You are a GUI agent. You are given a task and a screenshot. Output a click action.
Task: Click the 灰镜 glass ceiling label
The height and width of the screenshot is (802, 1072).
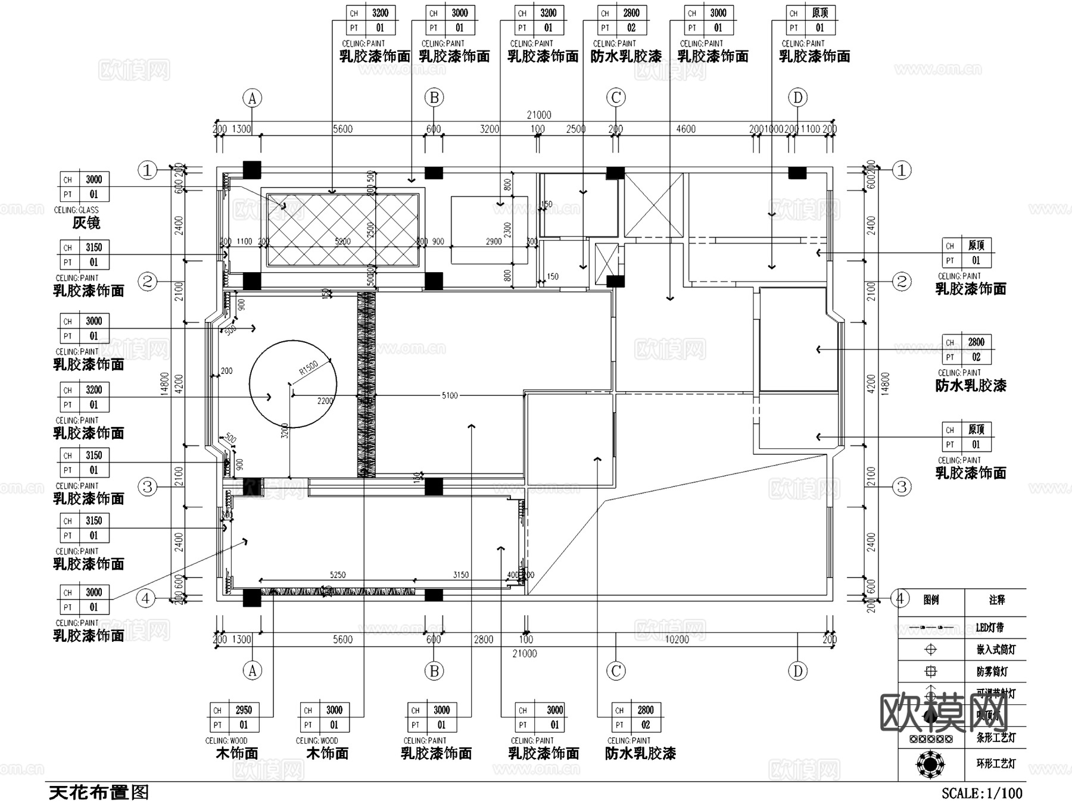(x=86, y=223)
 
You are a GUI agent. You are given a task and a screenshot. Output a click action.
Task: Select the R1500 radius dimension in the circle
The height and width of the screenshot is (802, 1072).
(x=308, y=368)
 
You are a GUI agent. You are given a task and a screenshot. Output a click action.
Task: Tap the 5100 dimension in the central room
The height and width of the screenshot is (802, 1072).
(x=450, y=395)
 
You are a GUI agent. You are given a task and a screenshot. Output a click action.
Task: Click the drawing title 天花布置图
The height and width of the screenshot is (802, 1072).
(x=98, y=792)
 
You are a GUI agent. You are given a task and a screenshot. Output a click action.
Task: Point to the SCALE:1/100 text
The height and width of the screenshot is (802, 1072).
(x=982, y=793)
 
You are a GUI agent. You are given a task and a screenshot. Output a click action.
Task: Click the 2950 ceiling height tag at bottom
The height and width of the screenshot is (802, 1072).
(x=244, y=710)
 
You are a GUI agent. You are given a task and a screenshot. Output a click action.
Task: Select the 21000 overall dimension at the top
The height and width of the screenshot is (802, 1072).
(x=539, y=115)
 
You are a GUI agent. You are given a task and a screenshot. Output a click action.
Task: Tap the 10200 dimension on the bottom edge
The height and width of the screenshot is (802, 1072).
(x=677, y=639)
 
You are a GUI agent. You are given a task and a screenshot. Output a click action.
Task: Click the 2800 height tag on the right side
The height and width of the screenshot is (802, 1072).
(x=976, y=342)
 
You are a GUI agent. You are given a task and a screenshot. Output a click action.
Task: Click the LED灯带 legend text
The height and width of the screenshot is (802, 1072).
(x=990, y=628)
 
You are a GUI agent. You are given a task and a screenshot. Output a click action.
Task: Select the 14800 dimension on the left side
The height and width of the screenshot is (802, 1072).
(x=165, y=384)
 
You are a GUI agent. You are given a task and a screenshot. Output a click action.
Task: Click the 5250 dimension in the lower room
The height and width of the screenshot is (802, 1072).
(x=338, y=575)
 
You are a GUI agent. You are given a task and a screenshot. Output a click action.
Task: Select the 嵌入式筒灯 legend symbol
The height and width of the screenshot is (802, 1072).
(x=930, y=650)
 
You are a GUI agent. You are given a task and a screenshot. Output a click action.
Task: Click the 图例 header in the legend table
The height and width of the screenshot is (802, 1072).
(x=931, y=600)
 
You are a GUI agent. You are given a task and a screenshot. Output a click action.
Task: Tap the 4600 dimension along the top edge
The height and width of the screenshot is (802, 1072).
(x=685, y=129)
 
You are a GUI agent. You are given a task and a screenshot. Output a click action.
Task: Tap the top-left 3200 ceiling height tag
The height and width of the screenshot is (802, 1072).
(x=380, y=13)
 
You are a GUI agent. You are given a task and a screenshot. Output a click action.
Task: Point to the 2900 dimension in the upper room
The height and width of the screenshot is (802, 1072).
(x=494, y=241)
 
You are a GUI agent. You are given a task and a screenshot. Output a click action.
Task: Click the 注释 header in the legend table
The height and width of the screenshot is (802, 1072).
(x=997, y=600)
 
